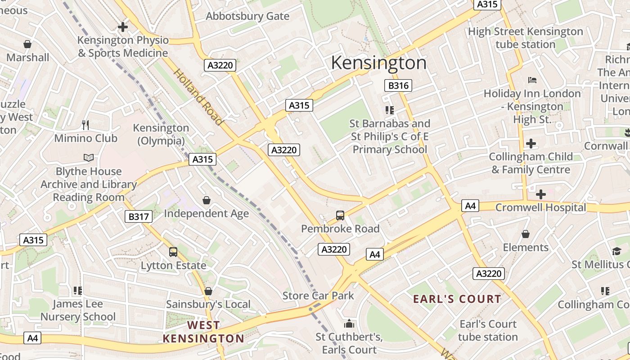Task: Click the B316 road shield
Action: click(398, 85)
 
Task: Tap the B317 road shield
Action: click(138, 216)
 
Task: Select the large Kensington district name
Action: click(378, 63)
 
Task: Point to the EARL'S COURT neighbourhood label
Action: click(457, 299)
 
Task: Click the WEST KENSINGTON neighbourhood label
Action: click(203, 331)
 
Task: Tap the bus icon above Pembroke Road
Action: click(340, 216)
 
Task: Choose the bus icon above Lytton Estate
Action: click(173, 252)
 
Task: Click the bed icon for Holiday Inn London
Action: click(532, 80)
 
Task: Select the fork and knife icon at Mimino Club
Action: click(85, 125)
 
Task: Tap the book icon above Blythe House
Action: click(89, 157)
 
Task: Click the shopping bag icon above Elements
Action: click(525, 234)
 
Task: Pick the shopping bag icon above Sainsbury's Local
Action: click(208, 291)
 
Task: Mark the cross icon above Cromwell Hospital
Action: click(540, 194)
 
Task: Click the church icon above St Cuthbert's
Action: click(349, 324)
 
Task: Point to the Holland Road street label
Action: click(198, 97)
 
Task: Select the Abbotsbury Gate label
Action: click(247, 16)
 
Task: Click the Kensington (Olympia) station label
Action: click(161, 134)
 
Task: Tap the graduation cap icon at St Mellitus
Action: click(616, 251)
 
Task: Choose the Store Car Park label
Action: click(318, 296)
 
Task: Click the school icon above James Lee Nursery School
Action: click(78, 291)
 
